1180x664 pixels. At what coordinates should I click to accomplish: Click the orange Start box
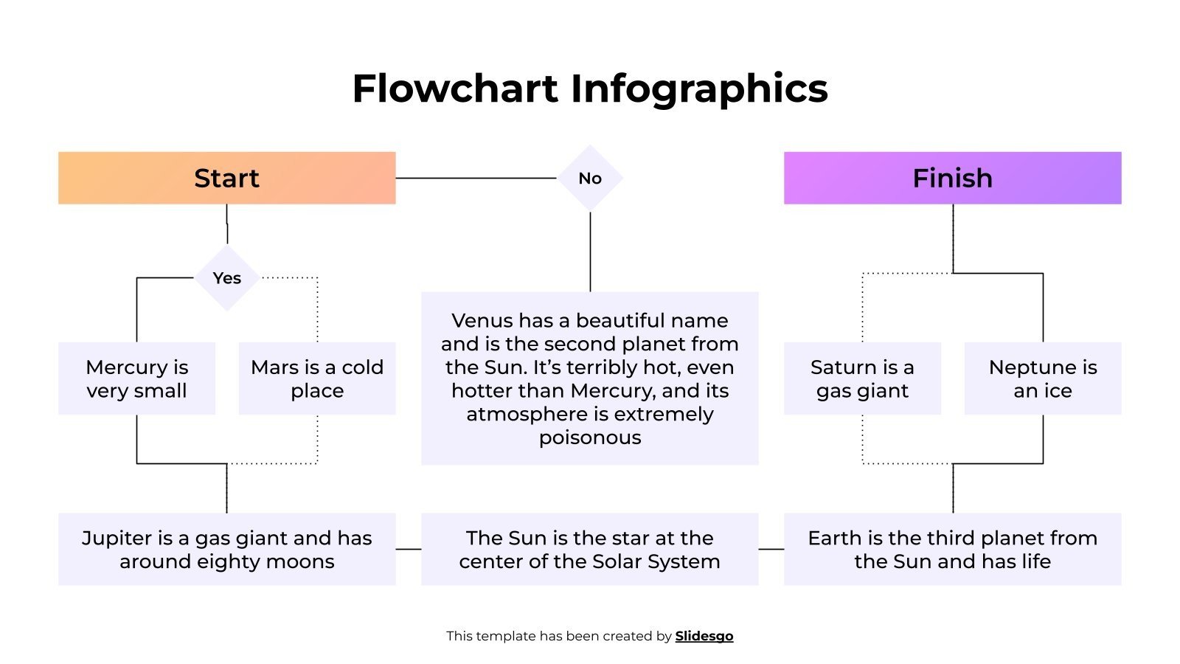coord(226,178)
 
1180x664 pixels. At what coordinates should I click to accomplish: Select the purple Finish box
coord(952,178)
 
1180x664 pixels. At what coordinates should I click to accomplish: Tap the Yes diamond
coord(227,278)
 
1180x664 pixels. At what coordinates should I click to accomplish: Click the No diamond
coord(590,178)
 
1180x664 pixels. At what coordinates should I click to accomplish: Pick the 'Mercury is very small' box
coord(136,378)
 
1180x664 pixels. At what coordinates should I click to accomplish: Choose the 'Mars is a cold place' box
coord(317,378)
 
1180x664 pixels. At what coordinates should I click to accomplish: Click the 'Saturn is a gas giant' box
coord(862,378)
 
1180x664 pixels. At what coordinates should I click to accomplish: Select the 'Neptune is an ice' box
coord(1043,378)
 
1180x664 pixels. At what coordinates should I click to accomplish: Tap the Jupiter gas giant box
coord(226,550)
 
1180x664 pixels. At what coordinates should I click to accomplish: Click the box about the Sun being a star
coord(589,550)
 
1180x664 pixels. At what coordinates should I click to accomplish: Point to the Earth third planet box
coord(952,550)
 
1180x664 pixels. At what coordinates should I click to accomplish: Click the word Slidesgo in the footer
coord(704,636)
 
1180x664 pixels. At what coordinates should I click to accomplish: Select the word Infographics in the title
coord(699,89)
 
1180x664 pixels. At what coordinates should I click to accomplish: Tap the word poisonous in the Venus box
coord(590,438)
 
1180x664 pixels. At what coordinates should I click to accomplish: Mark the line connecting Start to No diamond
coord(476,178)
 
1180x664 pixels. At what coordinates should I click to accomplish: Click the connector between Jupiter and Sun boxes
coord(409,549)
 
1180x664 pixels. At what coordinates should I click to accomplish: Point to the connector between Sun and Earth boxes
coord(771,549)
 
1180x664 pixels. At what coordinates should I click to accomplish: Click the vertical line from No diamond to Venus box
coord(590,252)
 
